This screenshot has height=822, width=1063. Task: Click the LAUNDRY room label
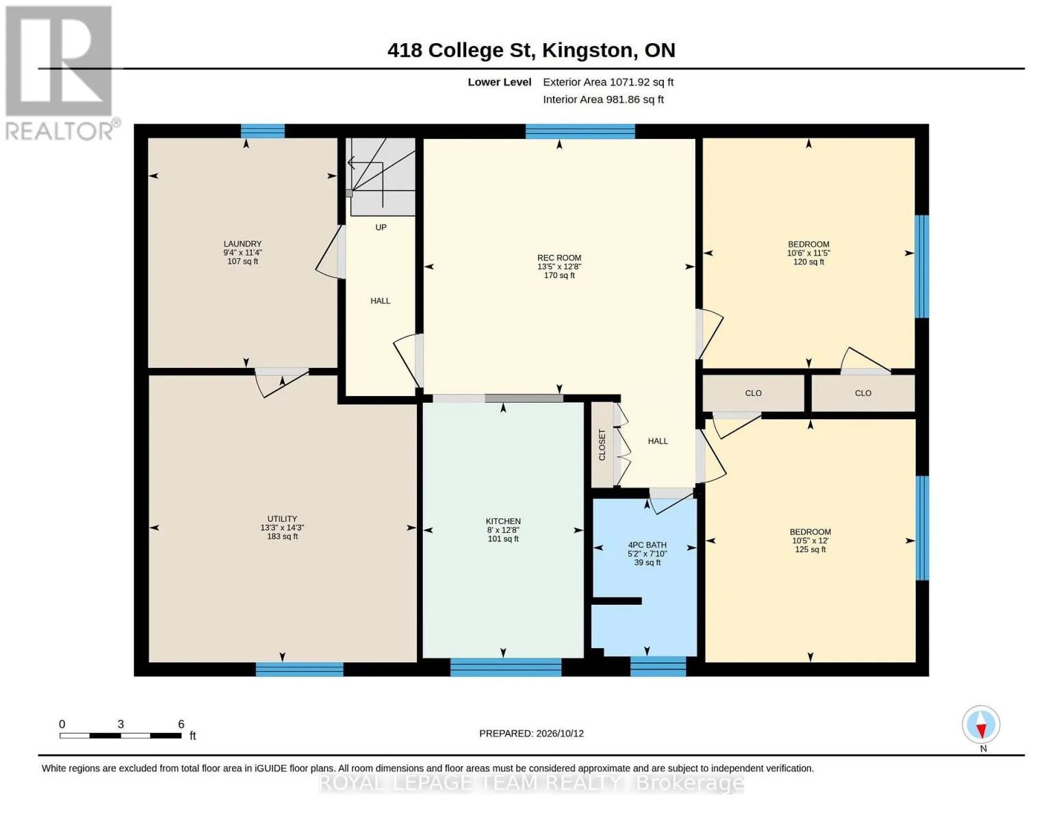click(242, 244)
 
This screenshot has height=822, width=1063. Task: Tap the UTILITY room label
click(282, 519)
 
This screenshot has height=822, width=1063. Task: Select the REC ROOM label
click(559, 258)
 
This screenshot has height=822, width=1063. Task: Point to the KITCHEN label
click(503, 521)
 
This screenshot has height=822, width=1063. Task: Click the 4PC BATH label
click(648, 545)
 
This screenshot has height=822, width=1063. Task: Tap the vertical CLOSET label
click(602, 445)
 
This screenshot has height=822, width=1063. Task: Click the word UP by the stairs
click(381, 227)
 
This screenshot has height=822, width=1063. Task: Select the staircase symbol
click(381, 176)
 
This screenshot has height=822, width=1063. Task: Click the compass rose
click(981, 725)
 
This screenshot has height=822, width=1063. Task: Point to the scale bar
click(121, 735)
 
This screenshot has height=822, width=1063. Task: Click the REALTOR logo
click(60, 73)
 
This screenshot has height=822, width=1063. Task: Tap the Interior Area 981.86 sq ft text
click(603, 99)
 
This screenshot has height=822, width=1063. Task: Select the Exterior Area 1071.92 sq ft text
click(608, 82)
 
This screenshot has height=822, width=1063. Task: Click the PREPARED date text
click(531, 734)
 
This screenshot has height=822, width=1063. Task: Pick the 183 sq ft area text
click(282, 536)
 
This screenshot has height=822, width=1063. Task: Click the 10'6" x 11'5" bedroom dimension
click(808, 253)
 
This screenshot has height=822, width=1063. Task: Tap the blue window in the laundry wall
click(263, 132)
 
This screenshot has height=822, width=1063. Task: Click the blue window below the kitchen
click(505, 667)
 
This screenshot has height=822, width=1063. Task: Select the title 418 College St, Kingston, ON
click(531, 50)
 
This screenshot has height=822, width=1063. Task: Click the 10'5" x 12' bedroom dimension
click(810, 541)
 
